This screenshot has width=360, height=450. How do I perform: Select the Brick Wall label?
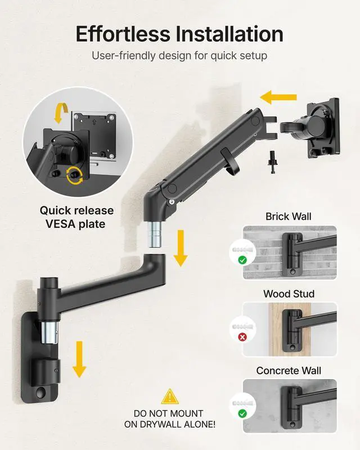point(289,217)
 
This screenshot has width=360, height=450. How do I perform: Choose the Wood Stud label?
point(289,294)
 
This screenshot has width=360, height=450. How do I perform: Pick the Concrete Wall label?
point(289,371)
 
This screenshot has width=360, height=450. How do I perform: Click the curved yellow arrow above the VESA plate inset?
point(59,113)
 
